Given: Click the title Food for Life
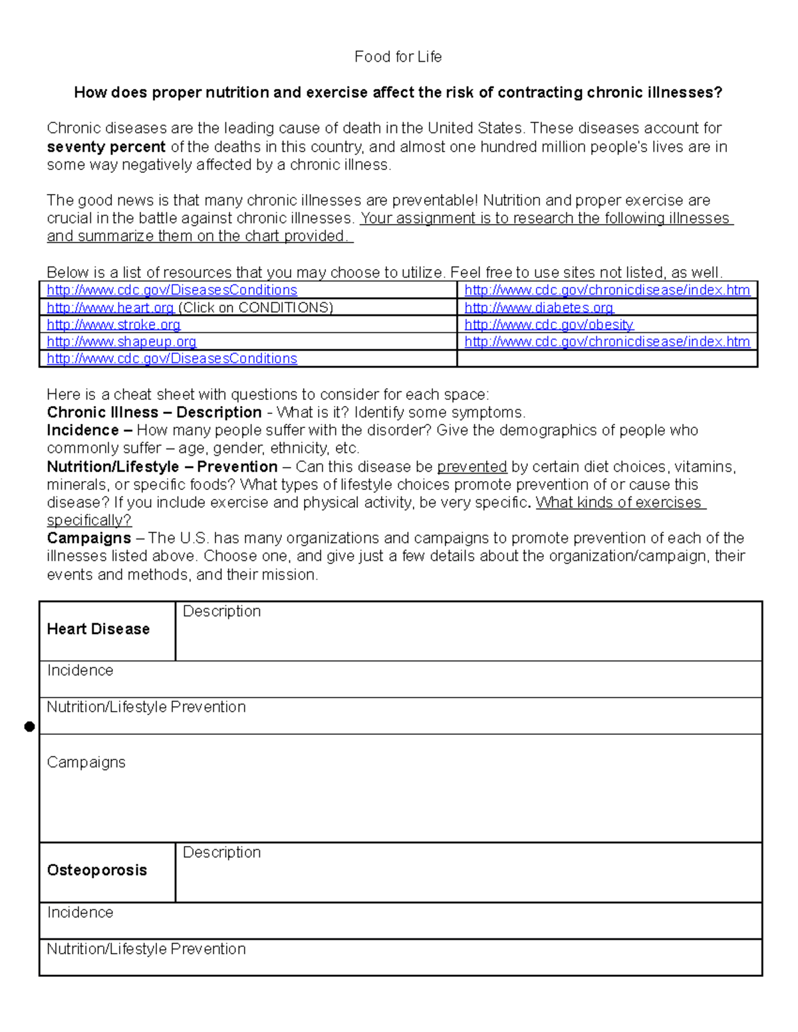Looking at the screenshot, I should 398,57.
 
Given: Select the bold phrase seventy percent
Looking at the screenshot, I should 106,147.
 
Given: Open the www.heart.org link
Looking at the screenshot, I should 110,308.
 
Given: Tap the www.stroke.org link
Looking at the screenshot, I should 114,325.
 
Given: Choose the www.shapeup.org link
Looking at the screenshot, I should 122,342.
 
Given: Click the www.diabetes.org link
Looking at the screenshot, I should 539,308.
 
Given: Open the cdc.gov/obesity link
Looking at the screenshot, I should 549,325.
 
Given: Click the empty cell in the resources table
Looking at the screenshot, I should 606,359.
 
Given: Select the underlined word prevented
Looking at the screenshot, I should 471,467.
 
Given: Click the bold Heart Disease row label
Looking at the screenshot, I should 98,629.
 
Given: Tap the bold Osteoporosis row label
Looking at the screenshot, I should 97,871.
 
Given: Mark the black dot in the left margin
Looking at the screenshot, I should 29,727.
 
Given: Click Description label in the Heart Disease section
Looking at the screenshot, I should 221,611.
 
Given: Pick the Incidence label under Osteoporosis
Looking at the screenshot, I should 80,913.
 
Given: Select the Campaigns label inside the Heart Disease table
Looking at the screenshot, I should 86,763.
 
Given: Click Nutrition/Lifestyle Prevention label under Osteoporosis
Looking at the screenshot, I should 146,950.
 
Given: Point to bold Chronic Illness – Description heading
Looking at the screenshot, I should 154,413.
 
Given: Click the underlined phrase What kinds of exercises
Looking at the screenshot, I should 618,503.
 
